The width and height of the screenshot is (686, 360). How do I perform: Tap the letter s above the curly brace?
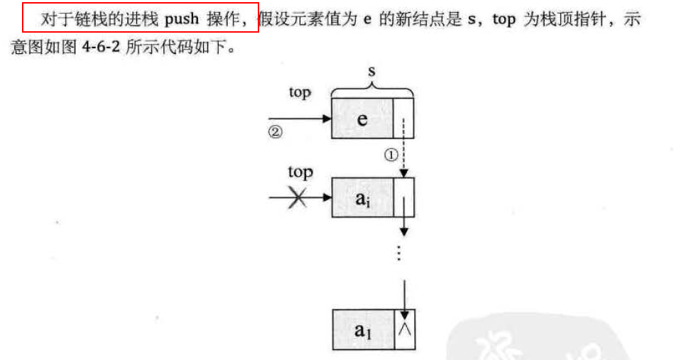(372, 72)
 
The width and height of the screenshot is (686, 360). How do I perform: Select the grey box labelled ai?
(362, 197)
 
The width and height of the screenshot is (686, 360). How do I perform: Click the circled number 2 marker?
(276, 132)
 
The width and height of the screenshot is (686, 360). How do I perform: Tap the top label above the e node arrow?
(300, 92)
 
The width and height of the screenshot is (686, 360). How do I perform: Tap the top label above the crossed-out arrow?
(300, 172)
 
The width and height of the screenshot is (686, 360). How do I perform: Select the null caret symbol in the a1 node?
(403, 329)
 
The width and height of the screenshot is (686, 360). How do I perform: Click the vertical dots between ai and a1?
(400, 253)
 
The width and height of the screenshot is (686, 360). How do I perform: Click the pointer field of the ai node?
(403, 197)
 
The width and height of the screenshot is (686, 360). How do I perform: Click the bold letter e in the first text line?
(367, 20)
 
